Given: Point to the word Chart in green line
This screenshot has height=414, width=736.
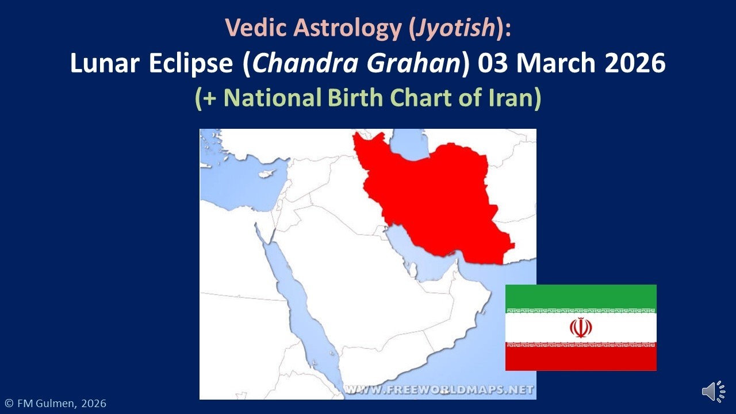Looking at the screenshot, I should coord(423,98).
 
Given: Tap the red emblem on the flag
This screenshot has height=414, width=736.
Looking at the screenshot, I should coord(581,328).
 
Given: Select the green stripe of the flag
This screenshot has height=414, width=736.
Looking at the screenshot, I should coord(581,297).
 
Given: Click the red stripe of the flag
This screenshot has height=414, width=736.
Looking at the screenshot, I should coord(581,359).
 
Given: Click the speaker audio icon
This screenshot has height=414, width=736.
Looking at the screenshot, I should coord(713,392).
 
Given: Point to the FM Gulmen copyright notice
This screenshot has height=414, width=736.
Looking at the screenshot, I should coord(55,404).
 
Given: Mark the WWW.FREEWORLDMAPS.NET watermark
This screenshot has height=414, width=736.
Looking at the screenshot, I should coord(439,390).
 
